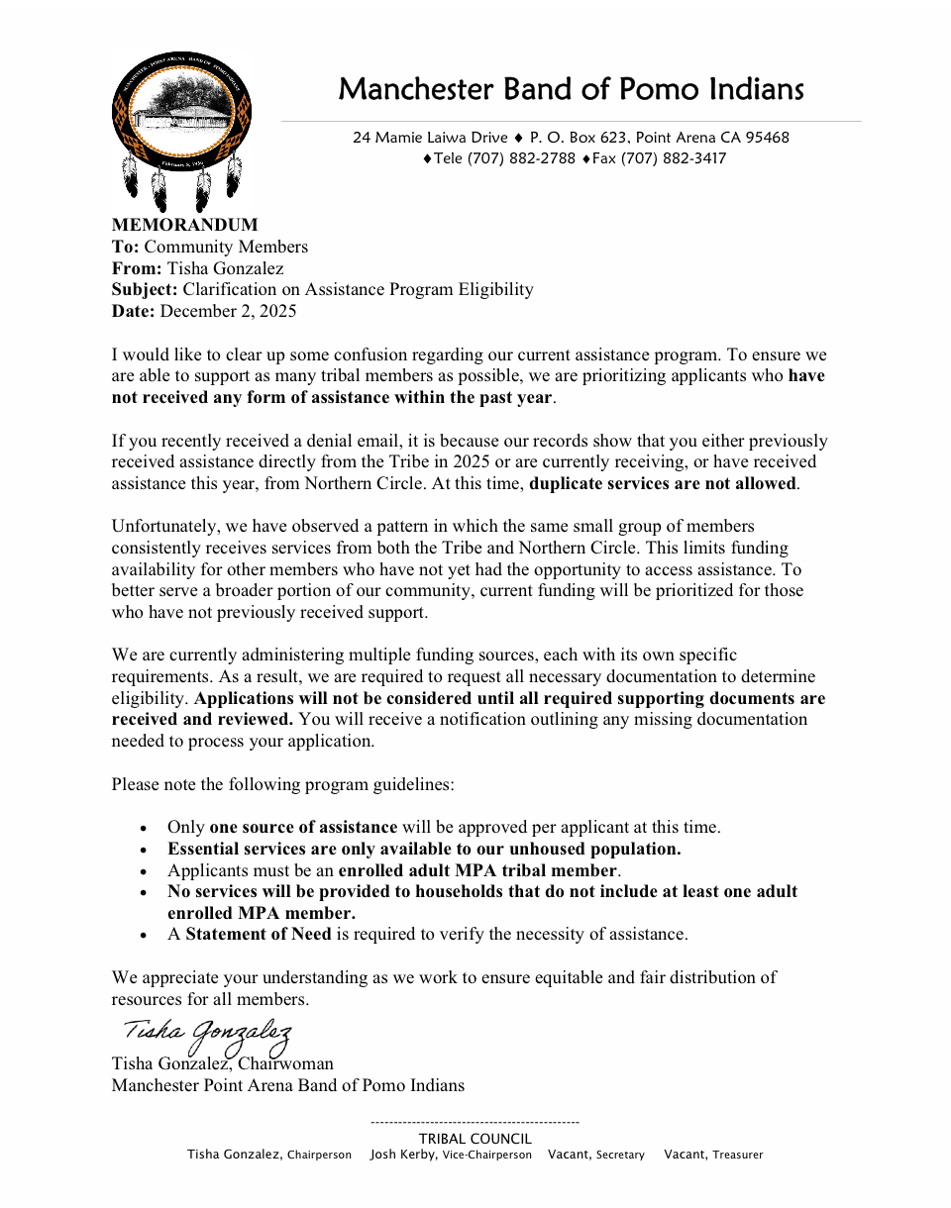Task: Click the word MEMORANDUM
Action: pyautogui.click(x=184, y=225)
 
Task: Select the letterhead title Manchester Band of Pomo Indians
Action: pyautogui.click(x=571, y=89)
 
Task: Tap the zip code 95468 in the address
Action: pyautogui.click(x=768, y=138)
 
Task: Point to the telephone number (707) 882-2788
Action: pyautogui.click(x=521, y=158)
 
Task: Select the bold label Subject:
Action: pyautogui.click(x=145, y=289)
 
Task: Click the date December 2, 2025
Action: pyautogui.click(x=228, y=311)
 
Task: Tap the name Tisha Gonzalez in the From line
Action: pyautogui.click(x=225, y=268)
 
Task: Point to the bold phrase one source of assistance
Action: pyautogui.click(x=303, y=827)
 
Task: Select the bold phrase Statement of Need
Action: pyautogui.click(x=259, y=934)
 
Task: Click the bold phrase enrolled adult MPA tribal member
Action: pyautogui.click(x=477, y=870)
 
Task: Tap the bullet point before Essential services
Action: pyautogui.click(x=145, y=850)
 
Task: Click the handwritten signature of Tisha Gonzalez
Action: pyautogui.click(x=207, y=1033)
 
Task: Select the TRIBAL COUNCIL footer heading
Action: pyautogui.click(x=475, y=1139)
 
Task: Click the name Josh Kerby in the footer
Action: pyautogui.click(x=402, y=1155)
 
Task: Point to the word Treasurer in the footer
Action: pyautogui.click(x=738, y=1155)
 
